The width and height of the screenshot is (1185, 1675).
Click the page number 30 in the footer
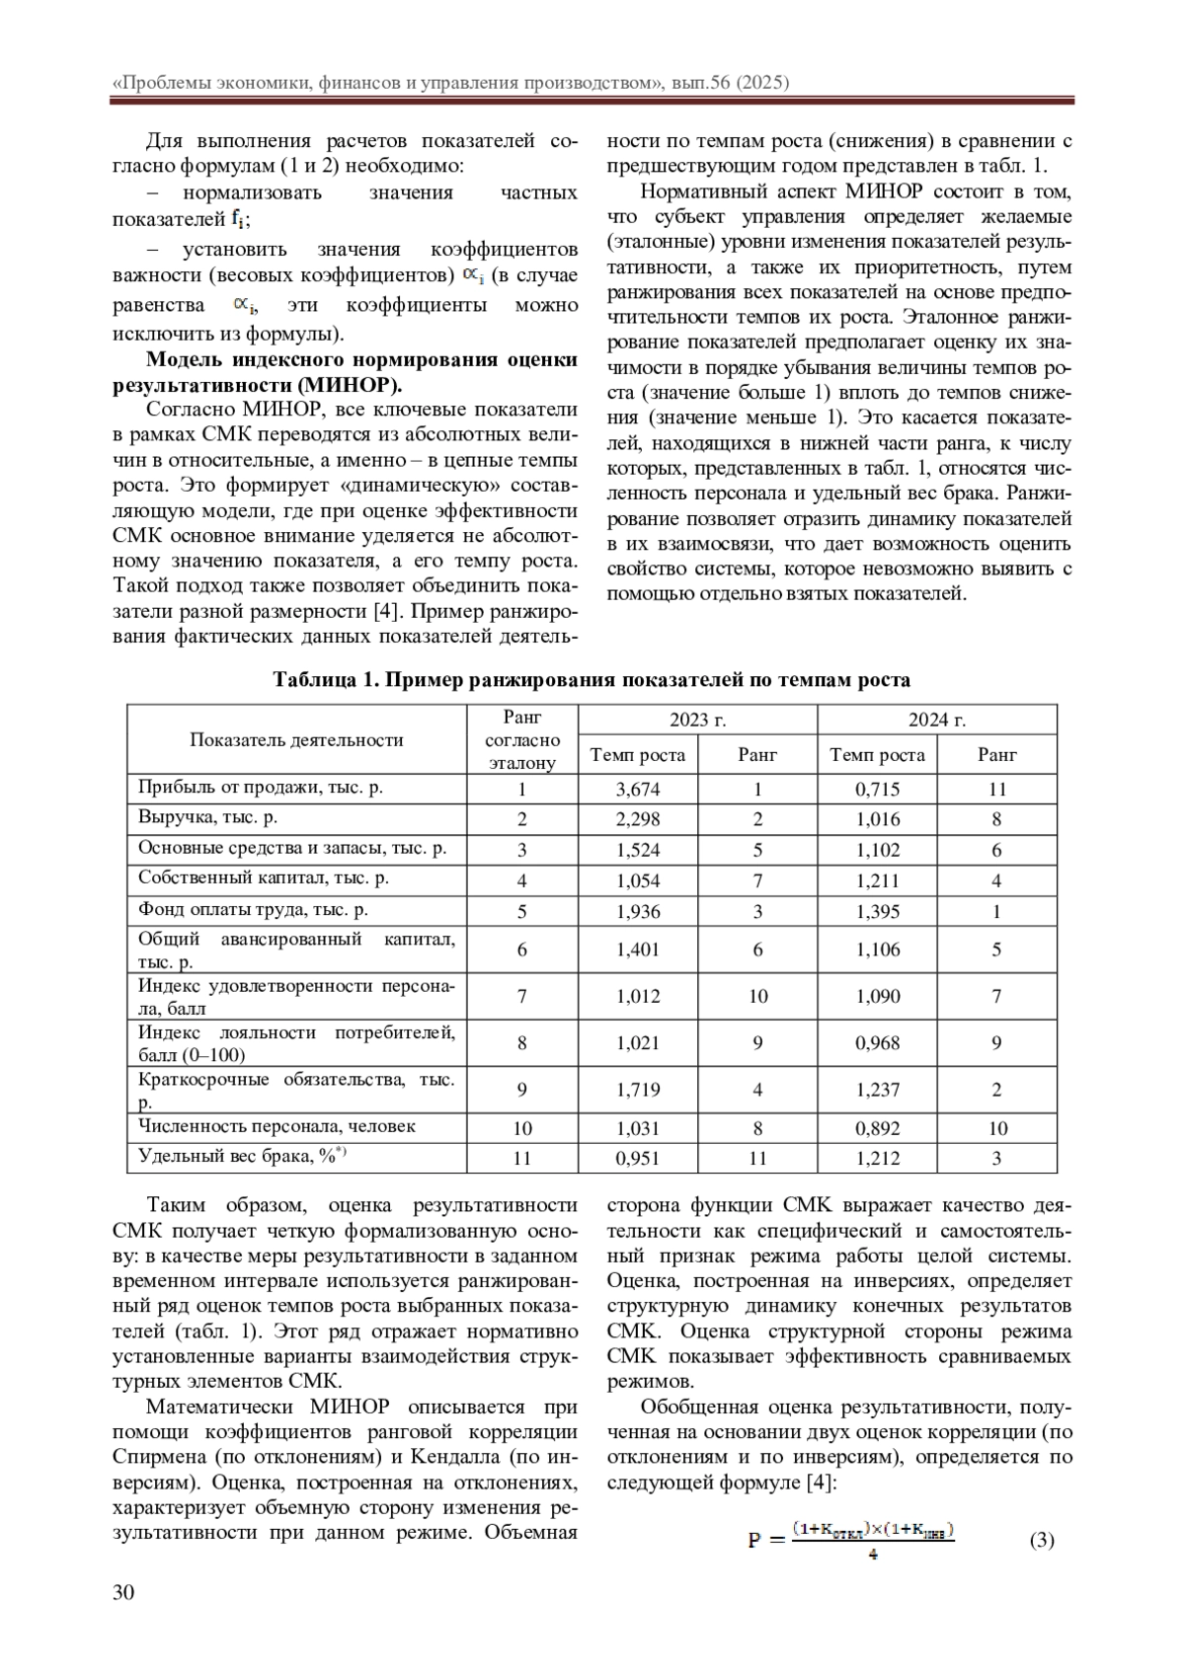coord(123,1591)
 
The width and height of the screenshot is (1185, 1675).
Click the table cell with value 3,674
coord(637,789)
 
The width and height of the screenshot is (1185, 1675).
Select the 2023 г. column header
coord(697,720)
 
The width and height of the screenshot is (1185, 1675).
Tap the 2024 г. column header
coord(936,720)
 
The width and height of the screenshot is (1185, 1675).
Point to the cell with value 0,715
coord(877,789)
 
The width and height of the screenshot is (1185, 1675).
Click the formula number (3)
coord(1042,1540)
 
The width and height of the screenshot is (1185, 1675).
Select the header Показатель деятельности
coord(296,739)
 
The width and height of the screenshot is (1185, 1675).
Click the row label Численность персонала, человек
coord(276,1126)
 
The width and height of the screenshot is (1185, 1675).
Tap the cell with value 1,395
coord(877,911)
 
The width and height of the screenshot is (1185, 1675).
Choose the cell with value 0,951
coord(637,1158)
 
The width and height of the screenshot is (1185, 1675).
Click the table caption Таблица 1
coord(592,680)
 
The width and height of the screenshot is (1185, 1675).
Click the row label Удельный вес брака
coord(241,1156)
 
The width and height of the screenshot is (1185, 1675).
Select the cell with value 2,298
coord(637,818)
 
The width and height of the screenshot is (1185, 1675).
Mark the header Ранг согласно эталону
coord(521,739)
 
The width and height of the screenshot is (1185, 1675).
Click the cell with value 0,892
coord(877,1128)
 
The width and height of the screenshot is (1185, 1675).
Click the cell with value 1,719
coord(637,1090)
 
